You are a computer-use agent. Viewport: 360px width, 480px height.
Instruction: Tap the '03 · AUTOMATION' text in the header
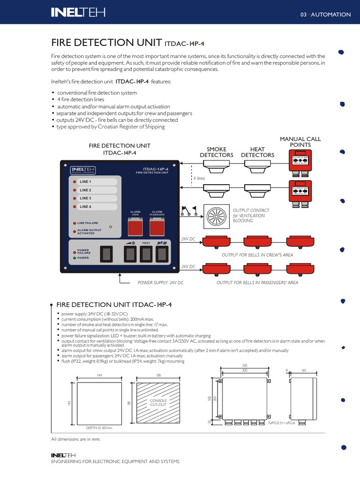tap(325, 15)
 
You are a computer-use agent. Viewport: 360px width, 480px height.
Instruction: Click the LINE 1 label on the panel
tap(85, 181)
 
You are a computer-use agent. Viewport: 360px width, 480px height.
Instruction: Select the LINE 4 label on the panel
tap(85, 207)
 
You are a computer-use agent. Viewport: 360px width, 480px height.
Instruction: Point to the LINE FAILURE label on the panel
tap(88, 223)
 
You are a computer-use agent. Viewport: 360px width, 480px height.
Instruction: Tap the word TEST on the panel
tap(146, 243)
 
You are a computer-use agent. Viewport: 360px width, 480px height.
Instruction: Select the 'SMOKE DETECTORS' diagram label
tap(217, 152)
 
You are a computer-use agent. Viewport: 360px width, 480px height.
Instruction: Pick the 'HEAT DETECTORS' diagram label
tap(257, 152)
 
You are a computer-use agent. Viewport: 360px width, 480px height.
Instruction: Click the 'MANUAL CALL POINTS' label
tap(300, 142)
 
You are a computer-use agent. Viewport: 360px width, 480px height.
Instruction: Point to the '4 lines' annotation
tap(199, 179)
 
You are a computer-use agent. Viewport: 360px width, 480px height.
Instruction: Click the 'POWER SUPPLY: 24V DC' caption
tap(160, 283)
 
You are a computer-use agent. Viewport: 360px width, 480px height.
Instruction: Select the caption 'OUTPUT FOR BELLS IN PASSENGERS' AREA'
tap(257, 283)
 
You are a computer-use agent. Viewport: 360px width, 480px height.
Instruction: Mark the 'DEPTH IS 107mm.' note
tap(99, 428)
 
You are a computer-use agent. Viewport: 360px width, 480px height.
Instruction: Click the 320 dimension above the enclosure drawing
tap(244, 365)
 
